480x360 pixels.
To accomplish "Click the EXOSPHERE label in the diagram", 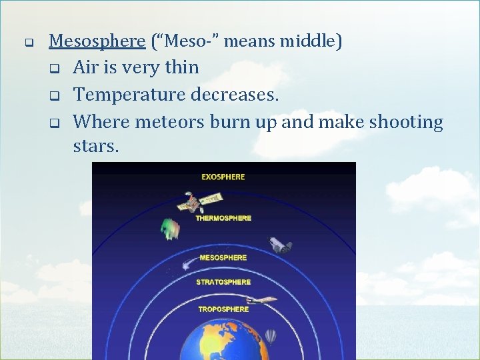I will [x=223, y=177].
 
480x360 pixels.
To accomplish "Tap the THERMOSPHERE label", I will [x=223, y=218].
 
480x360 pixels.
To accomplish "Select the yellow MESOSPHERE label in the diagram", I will [x=223, y=258].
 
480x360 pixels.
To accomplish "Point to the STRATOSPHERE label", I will [x=223, y=282].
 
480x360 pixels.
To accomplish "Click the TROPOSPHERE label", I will [x=223, y=309].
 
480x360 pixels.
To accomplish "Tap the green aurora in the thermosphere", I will [x=171, y=229].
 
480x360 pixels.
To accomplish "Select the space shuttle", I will [x=280, y=245].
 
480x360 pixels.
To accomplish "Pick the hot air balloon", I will [x=270, y=336].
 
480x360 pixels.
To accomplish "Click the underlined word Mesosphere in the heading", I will [x=97, y=41].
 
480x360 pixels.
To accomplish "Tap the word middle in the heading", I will [x=311, y=41].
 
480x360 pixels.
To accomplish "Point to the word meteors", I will [x=171, y=122].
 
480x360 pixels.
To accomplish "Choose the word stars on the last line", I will [x=96, y=146].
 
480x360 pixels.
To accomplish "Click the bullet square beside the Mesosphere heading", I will [x=29, y=42].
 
